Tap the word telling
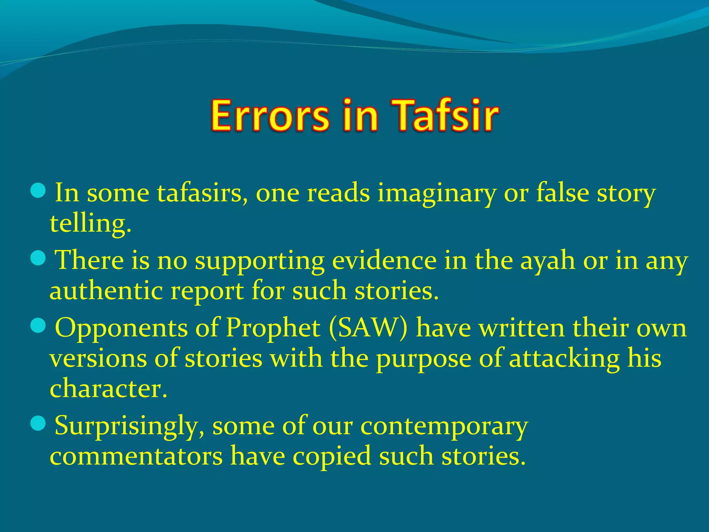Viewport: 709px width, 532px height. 90,224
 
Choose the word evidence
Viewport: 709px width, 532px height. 384,260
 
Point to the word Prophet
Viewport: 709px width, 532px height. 273,328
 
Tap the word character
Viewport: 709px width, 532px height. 108,388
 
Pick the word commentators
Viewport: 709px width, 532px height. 136,456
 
